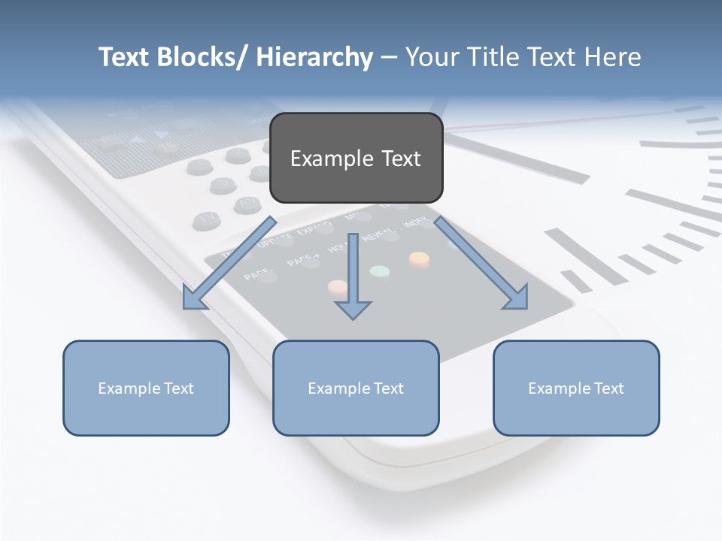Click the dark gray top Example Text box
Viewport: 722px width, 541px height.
[356, 158]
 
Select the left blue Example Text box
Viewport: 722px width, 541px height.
[146, 388]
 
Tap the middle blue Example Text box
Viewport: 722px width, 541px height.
[356, 388]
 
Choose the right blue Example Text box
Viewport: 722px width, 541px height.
[576, 388]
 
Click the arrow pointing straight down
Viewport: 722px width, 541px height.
[353, 278]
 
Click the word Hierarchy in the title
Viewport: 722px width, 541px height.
[314, 57]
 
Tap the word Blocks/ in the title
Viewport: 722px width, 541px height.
[205, 57]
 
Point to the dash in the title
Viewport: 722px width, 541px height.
[388, 57]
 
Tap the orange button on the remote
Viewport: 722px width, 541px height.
[419, 260]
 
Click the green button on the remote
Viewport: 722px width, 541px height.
[380, 271]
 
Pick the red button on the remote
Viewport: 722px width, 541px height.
[338, 287]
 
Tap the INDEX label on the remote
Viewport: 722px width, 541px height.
[414, 224]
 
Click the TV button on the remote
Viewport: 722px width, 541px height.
[205, 219]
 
